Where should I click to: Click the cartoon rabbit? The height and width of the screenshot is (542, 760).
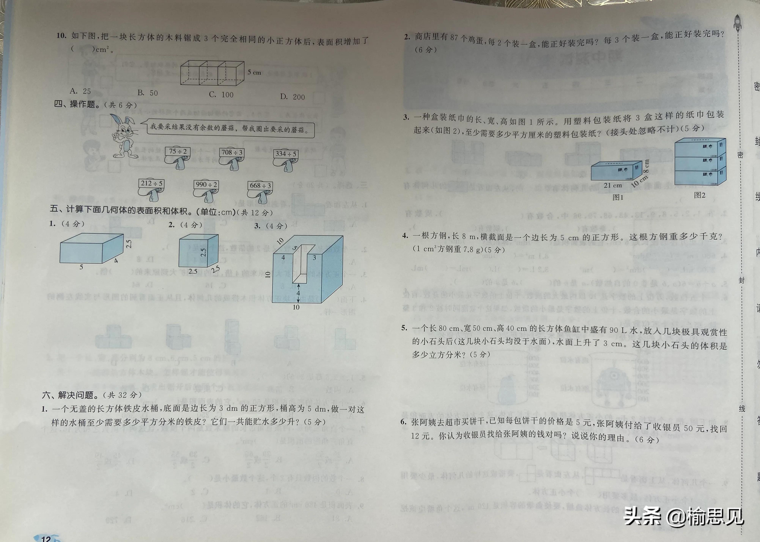(124, 135)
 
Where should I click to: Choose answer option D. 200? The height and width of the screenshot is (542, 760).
(293, 97)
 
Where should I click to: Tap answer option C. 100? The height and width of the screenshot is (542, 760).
(221, 94)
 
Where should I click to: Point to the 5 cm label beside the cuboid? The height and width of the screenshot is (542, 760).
(254, 72)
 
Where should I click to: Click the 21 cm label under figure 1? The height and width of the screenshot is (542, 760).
(613, 185)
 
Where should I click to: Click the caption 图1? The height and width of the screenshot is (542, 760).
(618, 197)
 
